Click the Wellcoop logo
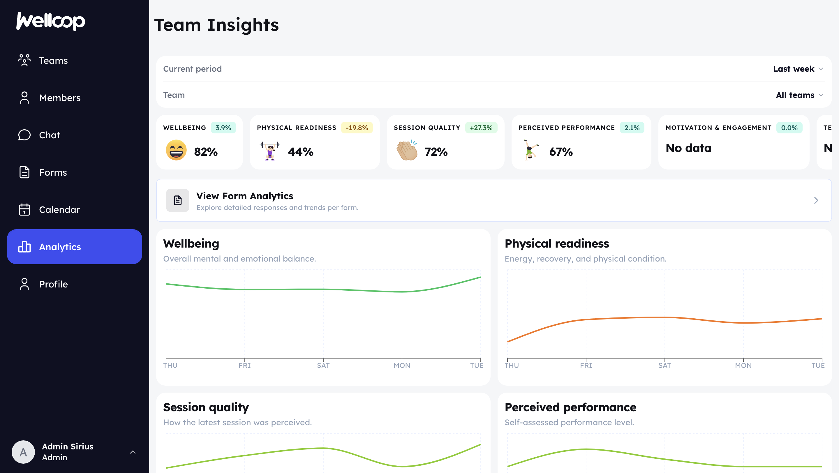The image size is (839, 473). point(51,21)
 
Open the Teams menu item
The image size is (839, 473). point(53,61)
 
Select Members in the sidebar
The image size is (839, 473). point(60,98)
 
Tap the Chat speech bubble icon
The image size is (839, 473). point(24,135)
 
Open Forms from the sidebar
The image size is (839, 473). point(53,172)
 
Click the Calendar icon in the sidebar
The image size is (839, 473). point(24,210)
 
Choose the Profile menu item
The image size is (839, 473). point(53,284)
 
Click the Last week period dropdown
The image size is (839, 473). point(798,69)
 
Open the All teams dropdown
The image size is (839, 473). point(799,95)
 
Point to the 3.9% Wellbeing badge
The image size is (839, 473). point(223,128)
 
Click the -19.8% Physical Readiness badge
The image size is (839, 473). point(357,128)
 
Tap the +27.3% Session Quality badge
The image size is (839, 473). point(481,128)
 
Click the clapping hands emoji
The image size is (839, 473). point(407,150)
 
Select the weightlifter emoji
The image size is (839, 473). point(270,150)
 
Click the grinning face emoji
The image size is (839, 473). point(176,150)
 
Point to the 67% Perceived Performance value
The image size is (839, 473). point(561,152)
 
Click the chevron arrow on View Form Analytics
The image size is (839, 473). point(816,200)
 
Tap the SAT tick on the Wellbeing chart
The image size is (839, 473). point(323,365)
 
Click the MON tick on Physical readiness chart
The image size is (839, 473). point(743,365)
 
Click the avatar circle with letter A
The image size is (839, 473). point(23,452)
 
